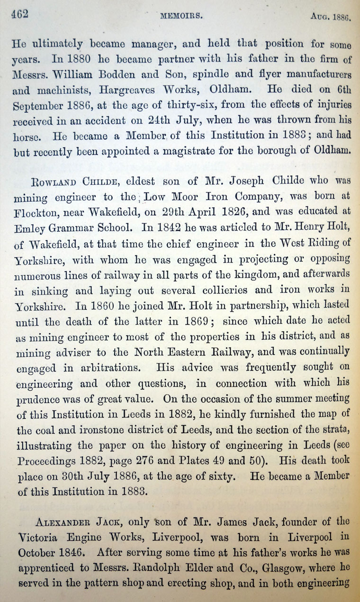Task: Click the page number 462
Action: point(20,14)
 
